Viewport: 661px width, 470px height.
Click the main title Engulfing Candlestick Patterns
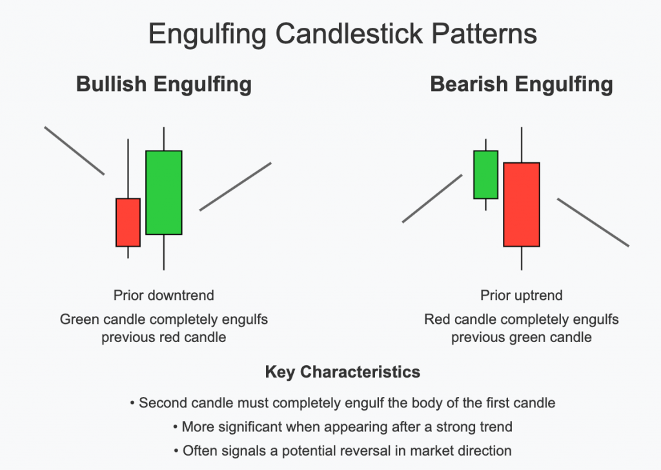click(342, 33)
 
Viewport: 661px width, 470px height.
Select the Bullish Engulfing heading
click(164, 85)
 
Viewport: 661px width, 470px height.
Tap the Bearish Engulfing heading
click(522, 85)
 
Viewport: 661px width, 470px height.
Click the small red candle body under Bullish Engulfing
click(128, 222)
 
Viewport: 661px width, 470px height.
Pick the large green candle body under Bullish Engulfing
click(164, 193)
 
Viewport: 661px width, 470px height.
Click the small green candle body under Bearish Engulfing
click(485, 175)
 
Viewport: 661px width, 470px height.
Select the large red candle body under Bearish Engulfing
click(522, 204)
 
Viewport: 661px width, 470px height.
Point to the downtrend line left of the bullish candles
click(74, 151)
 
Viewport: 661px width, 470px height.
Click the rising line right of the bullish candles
click(235, 186)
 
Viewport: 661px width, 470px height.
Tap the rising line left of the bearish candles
click(432, 198)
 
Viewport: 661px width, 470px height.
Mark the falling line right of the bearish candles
click(593, 222)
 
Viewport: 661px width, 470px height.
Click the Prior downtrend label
click(164, 295)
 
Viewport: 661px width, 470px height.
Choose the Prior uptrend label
click(522, 295)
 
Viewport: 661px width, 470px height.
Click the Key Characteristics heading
click(342, 372)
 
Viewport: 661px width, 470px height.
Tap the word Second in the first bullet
click(161, 403)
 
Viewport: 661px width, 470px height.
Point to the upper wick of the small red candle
click(128, 168)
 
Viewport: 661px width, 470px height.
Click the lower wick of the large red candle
click(522, 258)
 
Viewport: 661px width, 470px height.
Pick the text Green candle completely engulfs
click(164, 319)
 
